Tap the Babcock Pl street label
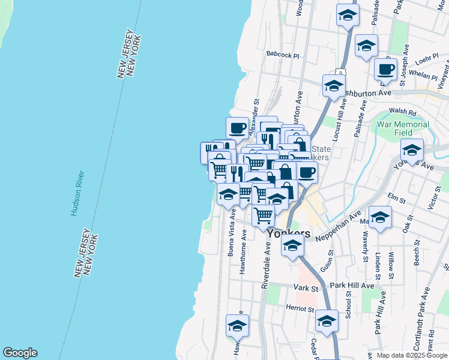[x=283, y=55]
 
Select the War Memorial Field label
[x=402, y=128]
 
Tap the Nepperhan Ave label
[x=339, y=226]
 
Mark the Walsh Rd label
[x=402, y=112]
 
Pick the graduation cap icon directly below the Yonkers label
[x=292, y=247]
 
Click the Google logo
[x=20, y=353]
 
